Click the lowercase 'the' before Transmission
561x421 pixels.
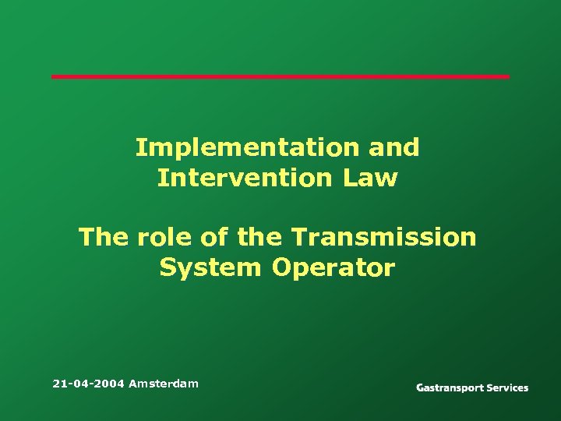coord(259,237)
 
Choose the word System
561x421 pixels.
coord(210,268)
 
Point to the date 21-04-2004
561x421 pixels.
coord(88,384)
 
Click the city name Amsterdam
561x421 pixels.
coord(164,384)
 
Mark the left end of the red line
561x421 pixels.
coord(53,76)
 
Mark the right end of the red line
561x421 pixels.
coord(508,76)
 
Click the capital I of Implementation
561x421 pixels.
coord(140,147)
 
